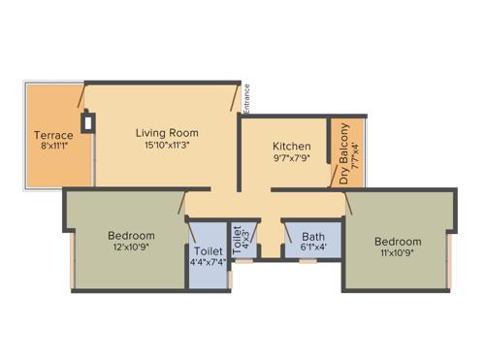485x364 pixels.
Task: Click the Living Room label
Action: click(167, 132)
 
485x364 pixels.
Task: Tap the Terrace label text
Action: click(53, 135)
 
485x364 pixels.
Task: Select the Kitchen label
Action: click(291, 147)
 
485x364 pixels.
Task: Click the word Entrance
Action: click(247, 96)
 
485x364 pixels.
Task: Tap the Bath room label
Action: click(312, 236)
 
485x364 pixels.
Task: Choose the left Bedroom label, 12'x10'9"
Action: click(131, 235)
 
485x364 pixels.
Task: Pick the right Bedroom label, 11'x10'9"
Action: click(398, 241)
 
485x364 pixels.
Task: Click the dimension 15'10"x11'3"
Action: click(167, 146)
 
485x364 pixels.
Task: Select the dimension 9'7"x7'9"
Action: click(291, 159)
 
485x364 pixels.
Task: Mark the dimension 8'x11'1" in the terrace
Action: click(53, 148)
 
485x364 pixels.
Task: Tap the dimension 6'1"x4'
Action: click(312, 248)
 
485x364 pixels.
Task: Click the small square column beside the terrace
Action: click(88, 122)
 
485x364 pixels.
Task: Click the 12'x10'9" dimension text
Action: click(131, 248)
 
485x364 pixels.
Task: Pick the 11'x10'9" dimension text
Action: click(398, 253)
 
